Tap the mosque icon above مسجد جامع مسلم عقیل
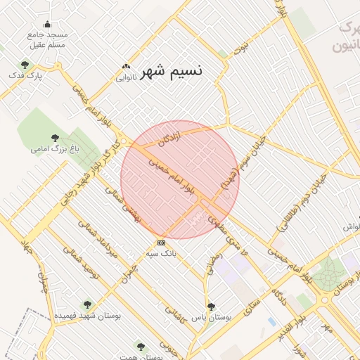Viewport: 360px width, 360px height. point(47,24)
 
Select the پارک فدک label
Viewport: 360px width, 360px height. point(30,75)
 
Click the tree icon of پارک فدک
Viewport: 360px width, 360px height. point(25,65)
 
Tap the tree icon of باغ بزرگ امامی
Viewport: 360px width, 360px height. point(55,139)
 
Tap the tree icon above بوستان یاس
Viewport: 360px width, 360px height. point(211,307)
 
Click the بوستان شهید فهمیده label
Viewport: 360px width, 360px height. point(88,316)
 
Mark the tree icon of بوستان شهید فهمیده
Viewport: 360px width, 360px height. point(87,305)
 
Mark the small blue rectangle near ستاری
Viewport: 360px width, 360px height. point(272,321)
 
